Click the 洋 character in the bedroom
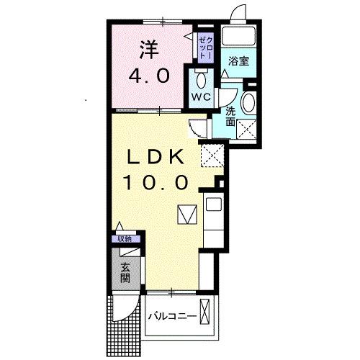(x=148, y=50)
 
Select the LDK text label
(x=158, y=156)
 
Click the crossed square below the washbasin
(x=248, y=130)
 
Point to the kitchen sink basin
(x=213, y=204)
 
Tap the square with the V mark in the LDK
(x=186, y=215)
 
